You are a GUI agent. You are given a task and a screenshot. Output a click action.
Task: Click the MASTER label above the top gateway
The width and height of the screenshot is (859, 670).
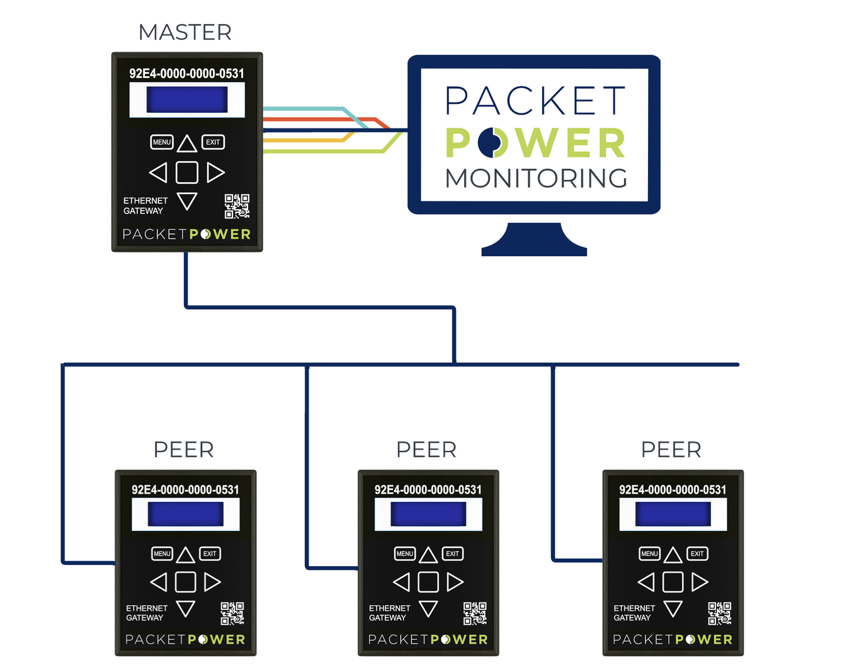185,32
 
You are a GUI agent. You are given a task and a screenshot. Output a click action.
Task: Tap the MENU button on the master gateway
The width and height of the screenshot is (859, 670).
162,142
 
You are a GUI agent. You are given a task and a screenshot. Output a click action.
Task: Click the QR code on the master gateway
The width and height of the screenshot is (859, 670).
237,206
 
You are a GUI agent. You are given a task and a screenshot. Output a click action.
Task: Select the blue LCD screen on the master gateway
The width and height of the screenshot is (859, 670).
187,99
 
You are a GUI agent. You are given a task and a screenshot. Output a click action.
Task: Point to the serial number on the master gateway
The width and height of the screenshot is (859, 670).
186,74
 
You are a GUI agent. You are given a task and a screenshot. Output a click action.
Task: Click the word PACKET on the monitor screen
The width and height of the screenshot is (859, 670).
535,101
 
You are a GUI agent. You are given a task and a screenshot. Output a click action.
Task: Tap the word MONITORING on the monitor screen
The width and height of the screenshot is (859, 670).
536,178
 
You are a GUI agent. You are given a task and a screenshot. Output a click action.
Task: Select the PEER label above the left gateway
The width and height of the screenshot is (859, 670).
184,450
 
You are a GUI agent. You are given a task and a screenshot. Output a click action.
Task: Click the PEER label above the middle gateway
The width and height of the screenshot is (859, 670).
426,450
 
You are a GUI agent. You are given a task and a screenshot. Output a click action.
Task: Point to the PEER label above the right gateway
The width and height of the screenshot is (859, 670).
671,450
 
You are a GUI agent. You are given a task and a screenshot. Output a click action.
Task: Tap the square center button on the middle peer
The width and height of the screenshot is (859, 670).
428,582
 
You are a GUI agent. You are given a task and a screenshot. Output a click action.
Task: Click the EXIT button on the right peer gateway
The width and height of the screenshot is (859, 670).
697,554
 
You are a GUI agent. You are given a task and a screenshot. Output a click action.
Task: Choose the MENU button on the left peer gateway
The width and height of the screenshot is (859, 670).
162,554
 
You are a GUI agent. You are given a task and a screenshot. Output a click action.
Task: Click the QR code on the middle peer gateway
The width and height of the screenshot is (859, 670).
475,613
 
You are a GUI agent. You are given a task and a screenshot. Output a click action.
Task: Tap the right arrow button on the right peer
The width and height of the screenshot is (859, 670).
700,582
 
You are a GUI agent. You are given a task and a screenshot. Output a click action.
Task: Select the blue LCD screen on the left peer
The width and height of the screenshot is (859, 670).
186,514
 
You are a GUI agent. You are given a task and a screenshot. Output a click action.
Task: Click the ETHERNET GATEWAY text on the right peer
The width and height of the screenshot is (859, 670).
634,613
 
